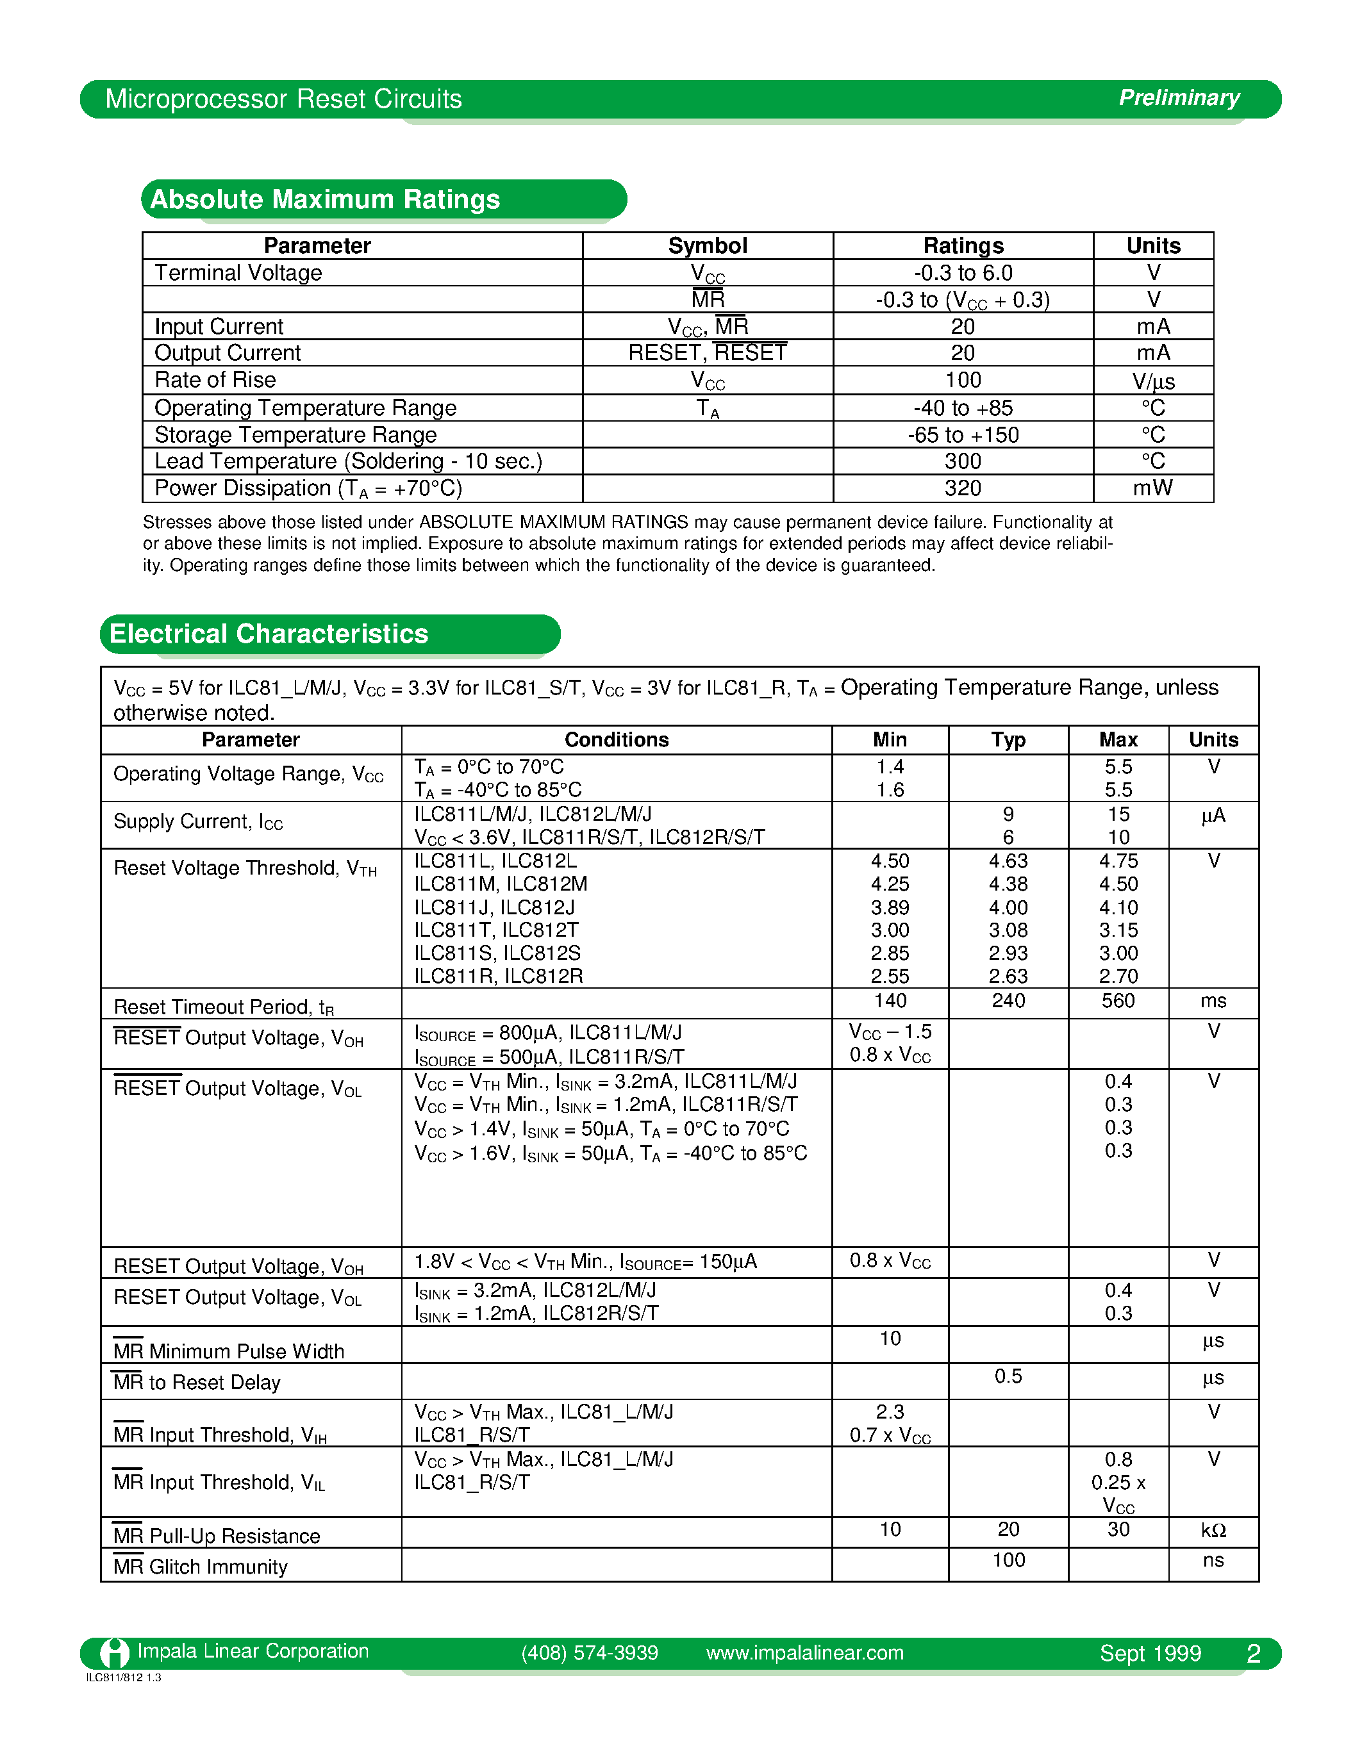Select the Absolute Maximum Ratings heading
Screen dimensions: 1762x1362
[x=325, y=199]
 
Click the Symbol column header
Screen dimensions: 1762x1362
[x=707, y=245]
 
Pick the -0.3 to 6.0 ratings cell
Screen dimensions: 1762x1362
[x=963, y=273]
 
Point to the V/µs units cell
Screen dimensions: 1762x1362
[x=1153, y=381]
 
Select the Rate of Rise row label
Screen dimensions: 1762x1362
[x=215, y=380]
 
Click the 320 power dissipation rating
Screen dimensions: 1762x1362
[x=963, y=488]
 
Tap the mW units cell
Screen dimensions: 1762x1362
[x=1153, y=488]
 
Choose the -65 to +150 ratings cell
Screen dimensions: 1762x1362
[x=963, y=435]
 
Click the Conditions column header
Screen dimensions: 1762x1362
[x=617, y=740]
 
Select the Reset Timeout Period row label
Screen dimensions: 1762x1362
[x=224, y=1007]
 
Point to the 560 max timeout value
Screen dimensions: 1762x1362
[x=1118, y=1001]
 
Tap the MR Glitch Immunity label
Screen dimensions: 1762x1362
[x=200, y=1567]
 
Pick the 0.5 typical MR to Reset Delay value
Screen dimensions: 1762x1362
[x=1008, y=1376]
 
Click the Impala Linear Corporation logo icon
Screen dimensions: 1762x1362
[x=115, y=1653]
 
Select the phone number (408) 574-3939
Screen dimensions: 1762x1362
[x=589, y=1653]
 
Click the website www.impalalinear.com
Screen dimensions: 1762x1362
[x=804, y=1653]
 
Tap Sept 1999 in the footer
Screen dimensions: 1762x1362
[x=1150, y=1654]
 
